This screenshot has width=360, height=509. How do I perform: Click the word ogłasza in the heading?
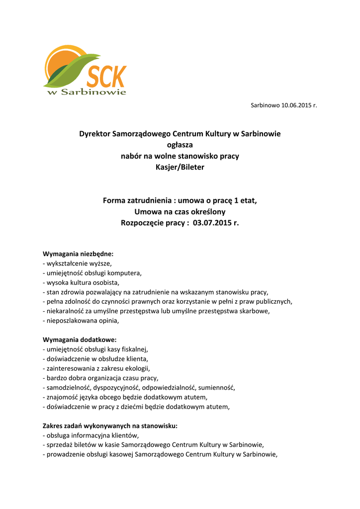[180, 145]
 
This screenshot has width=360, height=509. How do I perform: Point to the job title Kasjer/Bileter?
[180, 167]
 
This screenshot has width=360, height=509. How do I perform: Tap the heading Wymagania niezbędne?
[78, 254]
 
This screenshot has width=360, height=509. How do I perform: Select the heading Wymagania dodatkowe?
[80, 340]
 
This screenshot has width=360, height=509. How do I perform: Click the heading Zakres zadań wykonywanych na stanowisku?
[110, 426]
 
